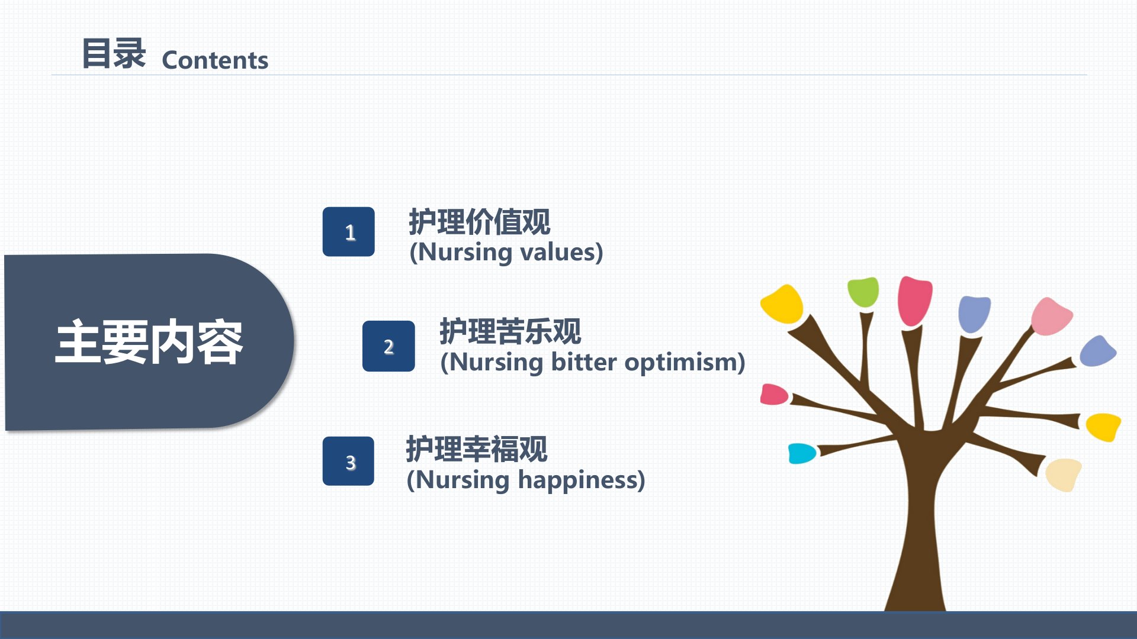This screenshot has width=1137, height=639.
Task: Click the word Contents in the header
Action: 215,60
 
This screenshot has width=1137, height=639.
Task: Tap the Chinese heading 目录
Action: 114,53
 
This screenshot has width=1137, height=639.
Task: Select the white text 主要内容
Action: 149,342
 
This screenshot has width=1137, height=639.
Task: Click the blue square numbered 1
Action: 348,231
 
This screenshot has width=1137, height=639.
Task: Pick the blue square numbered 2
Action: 388,346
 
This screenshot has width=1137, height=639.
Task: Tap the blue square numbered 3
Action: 348,461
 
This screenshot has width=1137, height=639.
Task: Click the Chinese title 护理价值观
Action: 480,222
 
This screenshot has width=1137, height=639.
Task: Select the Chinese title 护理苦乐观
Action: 510,331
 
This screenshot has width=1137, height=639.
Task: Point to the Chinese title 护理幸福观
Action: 477,449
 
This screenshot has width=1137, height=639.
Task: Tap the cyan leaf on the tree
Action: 802,453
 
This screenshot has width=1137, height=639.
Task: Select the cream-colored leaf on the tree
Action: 1063,475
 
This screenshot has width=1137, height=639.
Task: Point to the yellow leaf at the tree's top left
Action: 782,304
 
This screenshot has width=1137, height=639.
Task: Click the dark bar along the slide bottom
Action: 568,625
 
